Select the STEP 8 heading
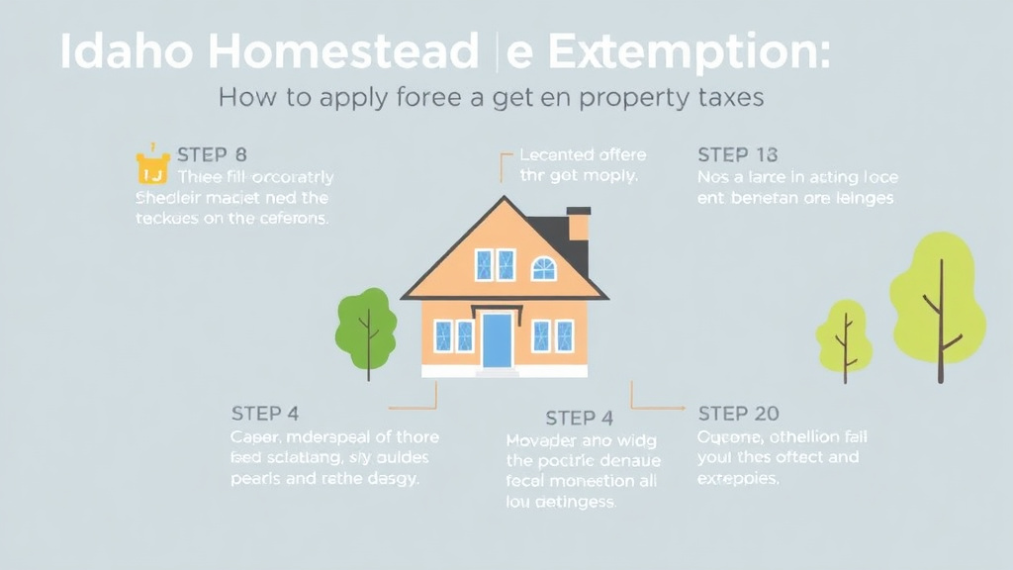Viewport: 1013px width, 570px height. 212,154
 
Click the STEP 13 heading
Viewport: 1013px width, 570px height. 737,154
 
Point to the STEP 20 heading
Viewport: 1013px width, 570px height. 738,413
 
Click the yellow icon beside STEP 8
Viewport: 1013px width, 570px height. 152,168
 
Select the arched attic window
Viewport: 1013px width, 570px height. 544,267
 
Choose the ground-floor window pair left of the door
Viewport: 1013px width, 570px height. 454,335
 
